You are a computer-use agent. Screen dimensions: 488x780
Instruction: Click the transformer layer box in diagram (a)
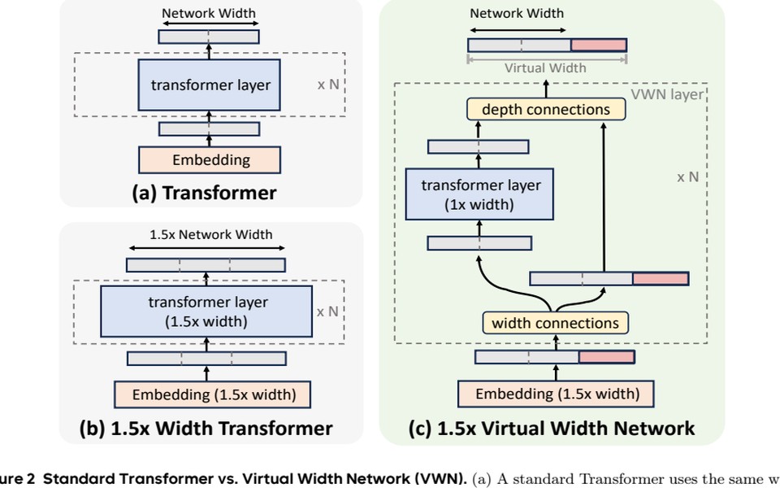coord(210,85)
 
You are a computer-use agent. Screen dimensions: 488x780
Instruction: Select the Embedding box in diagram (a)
coord(210,160)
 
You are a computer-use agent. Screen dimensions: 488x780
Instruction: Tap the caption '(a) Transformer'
coord(204,193)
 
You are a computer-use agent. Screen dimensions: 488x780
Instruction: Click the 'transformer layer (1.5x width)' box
coord(206,312)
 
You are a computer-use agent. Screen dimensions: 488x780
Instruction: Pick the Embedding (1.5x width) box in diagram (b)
coord(213,395)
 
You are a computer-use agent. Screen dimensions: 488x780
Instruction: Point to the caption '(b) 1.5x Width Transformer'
coord(206,428)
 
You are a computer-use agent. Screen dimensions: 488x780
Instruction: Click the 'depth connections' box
coord(546,109)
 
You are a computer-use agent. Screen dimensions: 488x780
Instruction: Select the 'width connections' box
coord(555,323)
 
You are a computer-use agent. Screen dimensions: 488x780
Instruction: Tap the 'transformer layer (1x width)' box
coord(479,195)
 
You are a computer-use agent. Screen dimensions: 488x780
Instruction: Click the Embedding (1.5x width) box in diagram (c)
coord(557,394)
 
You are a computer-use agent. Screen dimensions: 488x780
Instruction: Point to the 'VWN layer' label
coord(667,94)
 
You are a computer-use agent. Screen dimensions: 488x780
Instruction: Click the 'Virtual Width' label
coord(545,68)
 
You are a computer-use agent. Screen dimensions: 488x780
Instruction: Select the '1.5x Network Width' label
coord(211,234)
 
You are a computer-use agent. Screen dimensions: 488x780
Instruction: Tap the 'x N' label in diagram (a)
coord(328,84)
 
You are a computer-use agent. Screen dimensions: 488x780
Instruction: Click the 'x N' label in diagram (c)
coord(687,176)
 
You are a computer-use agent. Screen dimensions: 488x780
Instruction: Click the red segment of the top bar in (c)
coord(599,46)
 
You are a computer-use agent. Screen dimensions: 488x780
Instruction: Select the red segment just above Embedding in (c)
coord(606,357)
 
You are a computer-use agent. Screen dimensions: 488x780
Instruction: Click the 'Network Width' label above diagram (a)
coord(208,13)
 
